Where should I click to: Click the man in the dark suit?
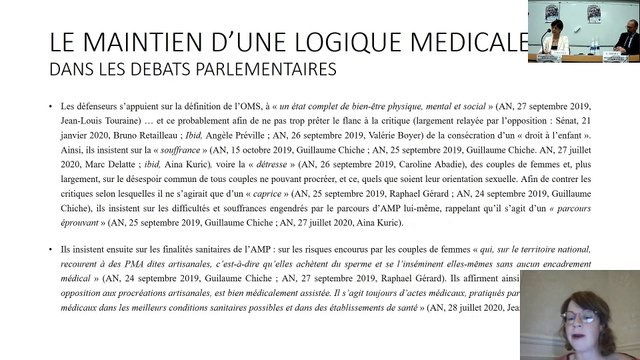tap(628, 41)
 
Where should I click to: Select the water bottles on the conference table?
tap(596, 45)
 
